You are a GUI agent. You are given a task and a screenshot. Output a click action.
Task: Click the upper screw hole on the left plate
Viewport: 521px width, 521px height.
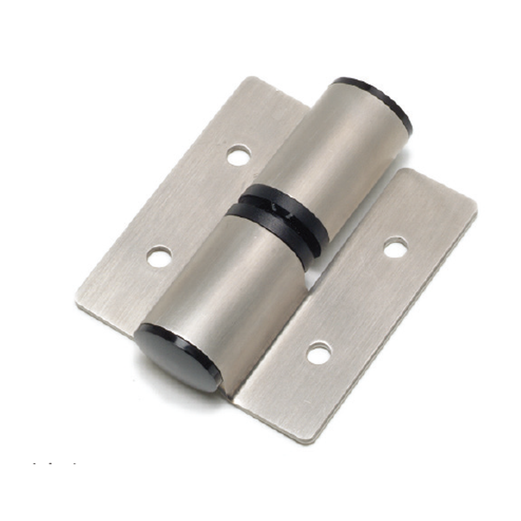click(239, 155)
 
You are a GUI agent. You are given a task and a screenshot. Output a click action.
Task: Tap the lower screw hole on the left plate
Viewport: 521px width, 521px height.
click(159, 257)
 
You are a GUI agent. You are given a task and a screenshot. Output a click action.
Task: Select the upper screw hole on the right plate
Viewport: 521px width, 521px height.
click(395, 247)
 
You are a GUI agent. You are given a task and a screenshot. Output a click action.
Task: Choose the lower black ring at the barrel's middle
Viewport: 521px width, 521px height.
click(271, 224)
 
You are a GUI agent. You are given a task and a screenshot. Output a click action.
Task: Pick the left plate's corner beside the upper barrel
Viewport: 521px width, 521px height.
click(307, 108)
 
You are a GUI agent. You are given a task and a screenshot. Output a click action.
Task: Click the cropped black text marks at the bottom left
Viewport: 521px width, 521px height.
click(55, 463)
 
